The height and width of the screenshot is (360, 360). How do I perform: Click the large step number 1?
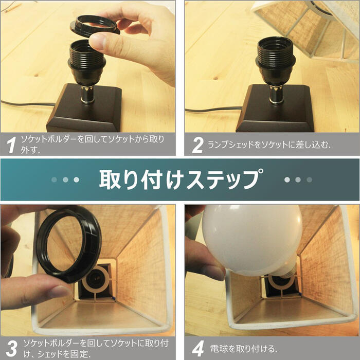coord(11,145)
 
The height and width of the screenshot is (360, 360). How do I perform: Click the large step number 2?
coord(197,145)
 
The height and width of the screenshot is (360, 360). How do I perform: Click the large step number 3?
coord(11,349)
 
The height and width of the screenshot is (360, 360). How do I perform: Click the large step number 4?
coord(198,349)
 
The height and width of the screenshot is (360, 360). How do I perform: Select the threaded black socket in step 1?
coord(87,63)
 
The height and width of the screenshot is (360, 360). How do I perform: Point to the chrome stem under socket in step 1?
coord(87,94)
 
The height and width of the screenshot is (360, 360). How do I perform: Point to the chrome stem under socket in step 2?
coord(276,94)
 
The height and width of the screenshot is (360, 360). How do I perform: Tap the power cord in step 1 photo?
coord(28,104)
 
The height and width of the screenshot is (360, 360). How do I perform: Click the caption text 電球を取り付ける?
coord(244,349)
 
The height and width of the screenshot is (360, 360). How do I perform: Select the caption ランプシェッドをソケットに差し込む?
coord(269,145)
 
